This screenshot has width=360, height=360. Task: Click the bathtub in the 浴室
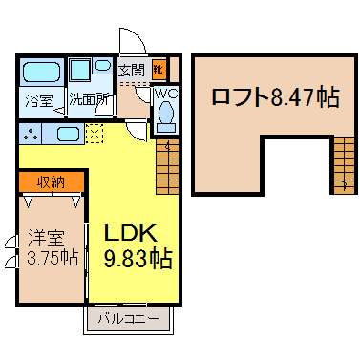pos(42,72)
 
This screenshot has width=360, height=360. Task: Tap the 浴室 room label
pos(38,100)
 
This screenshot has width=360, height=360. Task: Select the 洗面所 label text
pos(89,99)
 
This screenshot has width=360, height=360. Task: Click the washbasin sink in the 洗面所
pos(103,65)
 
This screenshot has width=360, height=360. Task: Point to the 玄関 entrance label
pos(132,70)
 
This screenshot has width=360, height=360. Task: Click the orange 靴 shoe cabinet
pos(159,69)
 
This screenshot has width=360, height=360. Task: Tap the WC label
pos(165,94)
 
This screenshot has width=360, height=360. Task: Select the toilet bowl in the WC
pos(166,116)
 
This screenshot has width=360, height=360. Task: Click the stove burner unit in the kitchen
pos(31,134)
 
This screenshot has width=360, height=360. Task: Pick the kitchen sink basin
pos(68,134)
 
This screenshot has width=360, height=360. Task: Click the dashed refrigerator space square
pos(95,134)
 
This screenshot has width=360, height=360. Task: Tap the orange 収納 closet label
pos(51,182)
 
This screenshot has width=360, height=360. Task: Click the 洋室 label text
pos(47,238)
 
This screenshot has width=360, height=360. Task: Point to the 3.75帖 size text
pos(53,257)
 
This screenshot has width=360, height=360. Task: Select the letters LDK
pos(131,233)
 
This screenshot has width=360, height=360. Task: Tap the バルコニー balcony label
pos(128,319)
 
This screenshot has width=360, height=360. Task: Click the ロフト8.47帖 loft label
pos(276,96)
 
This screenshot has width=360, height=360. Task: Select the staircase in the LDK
pos(167,167)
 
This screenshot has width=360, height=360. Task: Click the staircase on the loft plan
pos(344,165)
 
